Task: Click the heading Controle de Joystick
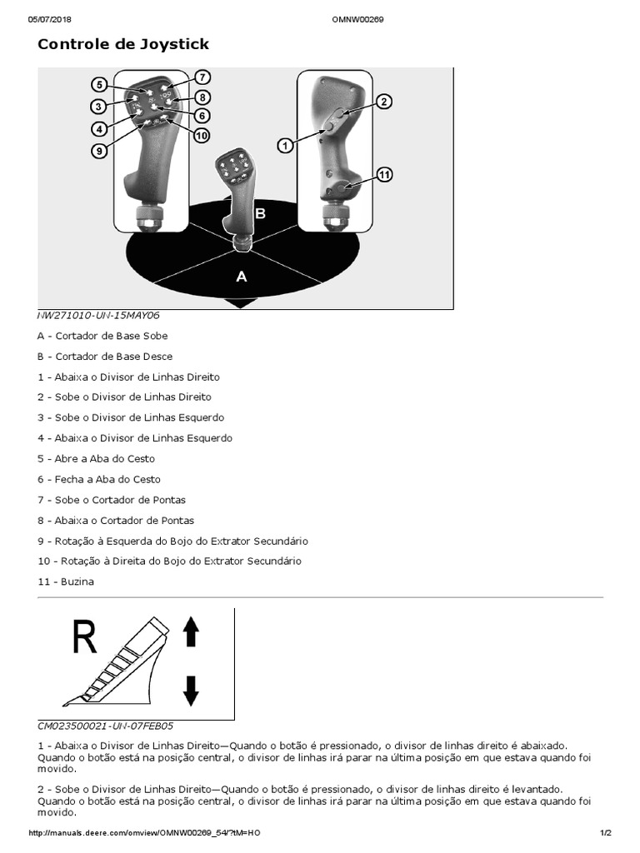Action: (x=123, y=44)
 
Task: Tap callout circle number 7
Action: (x=202, y=77)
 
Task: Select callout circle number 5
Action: (x=99, y=84)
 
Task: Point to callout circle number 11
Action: (x=384, y=175)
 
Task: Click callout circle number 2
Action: (x=383, y=102)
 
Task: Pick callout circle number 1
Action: (x=285, y=145)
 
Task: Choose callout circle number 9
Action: (x=99, y=152)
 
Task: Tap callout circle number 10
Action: (x=202, y=135)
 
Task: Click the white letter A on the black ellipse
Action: (x=242, y=277)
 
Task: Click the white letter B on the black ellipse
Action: (x=260, y=214)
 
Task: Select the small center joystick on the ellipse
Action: (x=236, y=196)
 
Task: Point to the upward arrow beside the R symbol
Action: (x=191, y=632)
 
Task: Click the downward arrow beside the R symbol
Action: (x=191, y=691)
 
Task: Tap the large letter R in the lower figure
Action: (x=84, y=637)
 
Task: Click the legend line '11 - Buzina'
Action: (x=66, y=581)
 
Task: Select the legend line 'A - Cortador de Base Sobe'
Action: (x=102, y=336)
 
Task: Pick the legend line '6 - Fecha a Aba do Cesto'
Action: (x=99, y=479)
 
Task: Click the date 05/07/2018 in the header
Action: (x=52, y=19)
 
